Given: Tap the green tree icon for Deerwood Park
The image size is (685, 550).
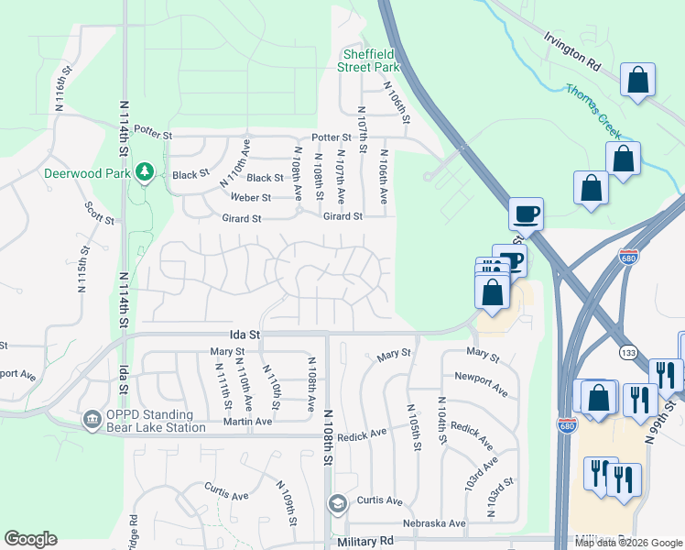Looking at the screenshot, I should click(x=143, y=171).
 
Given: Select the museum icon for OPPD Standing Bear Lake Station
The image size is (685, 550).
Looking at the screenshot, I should click(x=92, y=420).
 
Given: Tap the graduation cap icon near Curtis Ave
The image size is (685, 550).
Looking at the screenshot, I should click(x=337, y=503).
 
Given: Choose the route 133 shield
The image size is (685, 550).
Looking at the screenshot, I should click(x=628, y=351).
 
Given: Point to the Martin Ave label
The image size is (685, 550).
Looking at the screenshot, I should click(x=249, y=421).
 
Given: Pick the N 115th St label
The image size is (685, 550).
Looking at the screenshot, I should click(x=82, y=268).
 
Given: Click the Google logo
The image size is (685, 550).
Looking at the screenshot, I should click(x=30, y=539).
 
